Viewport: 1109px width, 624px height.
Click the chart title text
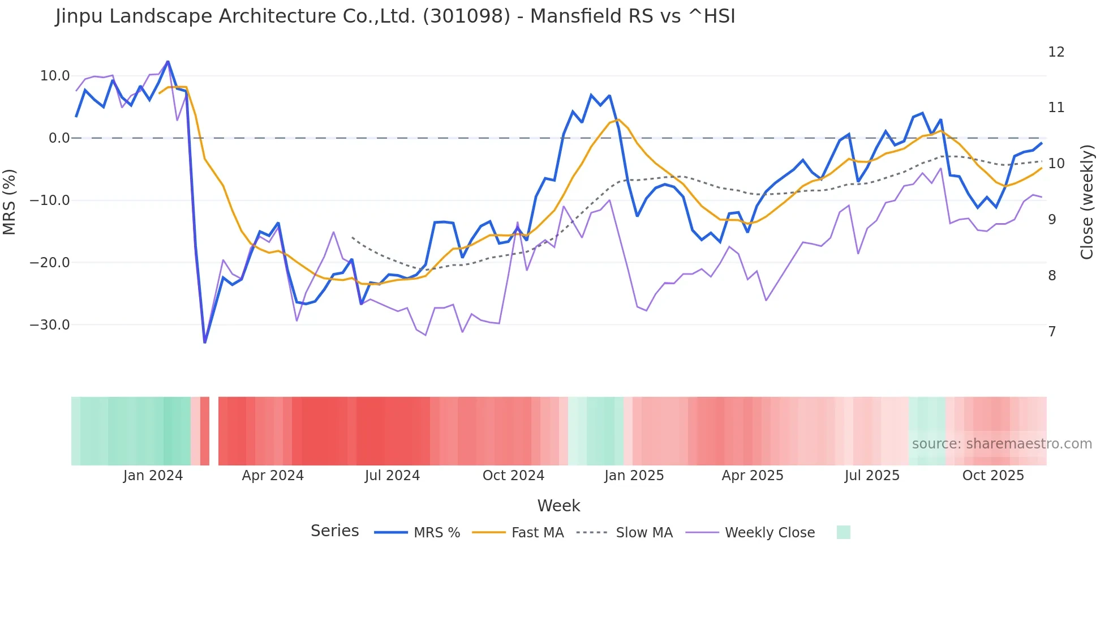pos(395,16)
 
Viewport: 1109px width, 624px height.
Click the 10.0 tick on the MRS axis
pos(55,76)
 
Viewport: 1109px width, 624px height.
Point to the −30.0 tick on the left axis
pos(50,325)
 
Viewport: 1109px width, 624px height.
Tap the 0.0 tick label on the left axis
pos(59,138)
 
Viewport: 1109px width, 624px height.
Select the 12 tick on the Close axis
pos(1056,52)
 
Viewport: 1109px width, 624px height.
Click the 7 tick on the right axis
pos(1052,332)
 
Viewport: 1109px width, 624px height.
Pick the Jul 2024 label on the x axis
pos(392,476)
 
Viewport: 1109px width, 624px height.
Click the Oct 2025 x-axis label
pos(993,476)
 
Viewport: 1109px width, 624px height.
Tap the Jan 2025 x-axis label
pos(634,476)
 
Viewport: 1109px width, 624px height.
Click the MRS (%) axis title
pos(10,202)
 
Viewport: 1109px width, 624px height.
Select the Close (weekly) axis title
pos(1086,202)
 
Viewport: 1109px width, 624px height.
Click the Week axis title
pos(558,506)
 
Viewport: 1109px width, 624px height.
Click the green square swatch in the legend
pos(843,532)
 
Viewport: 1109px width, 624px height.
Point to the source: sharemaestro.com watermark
pos(1001,444)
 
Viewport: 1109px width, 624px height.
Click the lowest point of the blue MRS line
pos(205,342)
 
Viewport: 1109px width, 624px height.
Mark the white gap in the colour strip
pos(214,431)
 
